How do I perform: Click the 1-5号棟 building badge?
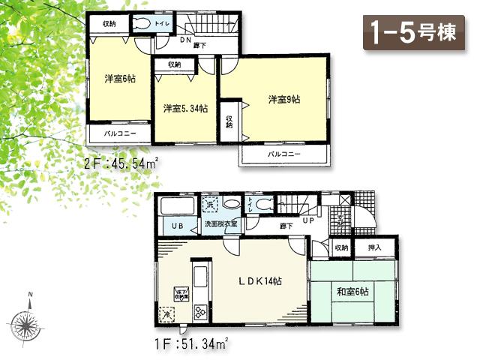click(x=414, y=34)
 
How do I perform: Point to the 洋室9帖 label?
click(x=285, y=98)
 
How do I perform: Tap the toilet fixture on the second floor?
click(x=143, y=23)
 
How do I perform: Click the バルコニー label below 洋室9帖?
click(x=284, y=154)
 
